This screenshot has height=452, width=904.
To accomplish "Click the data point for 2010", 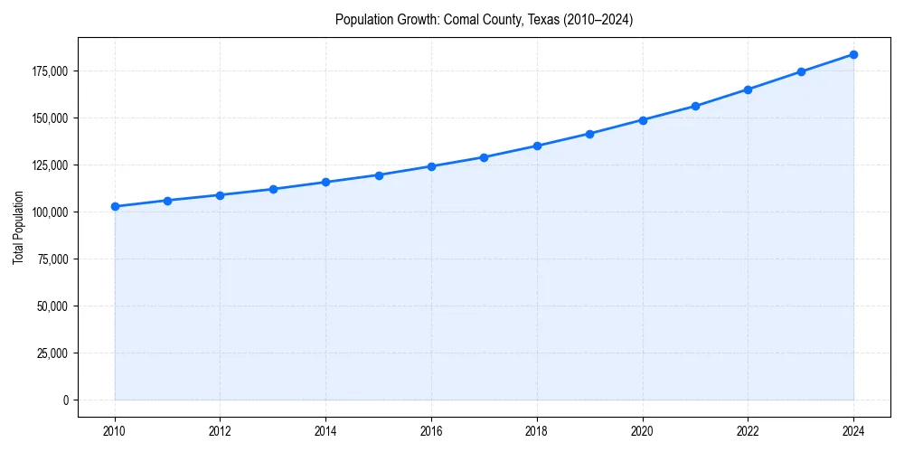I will click(115, 206).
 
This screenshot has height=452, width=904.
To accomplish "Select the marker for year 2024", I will click(853, 54).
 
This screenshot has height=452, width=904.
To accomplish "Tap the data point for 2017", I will click(484, 157).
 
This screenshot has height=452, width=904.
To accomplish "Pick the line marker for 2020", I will click(643, 119).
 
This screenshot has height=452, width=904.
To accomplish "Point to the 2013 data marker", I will click(273, 189).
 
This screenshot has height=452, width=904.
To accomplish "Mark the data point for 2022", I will click(748, 89).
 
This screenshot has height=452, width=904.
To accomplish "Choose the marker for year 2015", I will click(379, 175).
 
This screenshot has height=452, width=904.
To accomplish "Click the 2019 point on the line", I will click(589, 134).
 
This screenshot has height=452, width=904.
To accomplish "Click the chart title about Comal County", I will click(484, 20).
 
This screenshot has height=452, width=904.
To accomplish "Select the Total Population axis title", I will click(18, 227).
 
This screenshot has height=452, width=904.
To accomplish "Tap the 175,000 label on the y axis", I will click(52, 71).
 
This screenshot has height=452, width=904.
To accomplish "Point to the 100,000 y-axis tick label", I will click(52, 212).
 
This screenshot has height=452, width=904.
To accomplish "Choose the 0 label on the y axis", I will click(66, 400).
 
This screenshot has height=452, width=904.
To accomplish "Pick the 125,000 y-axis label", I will click(52, 165).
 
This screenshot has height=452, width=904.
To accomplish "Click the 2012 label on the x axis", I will click(221, 430).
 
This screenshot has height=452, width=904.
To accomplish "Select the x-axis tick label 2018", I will click(537, 430).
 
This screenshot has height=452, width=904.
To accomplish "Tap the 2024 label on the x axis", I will click(853, 430).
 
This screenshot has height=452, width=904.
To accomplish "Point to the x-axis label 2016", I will click(431, 430).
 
